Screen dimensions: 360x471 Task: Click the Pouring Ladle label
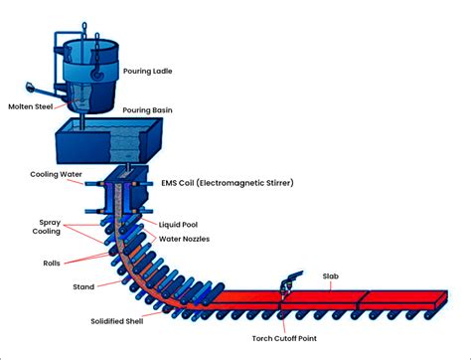point(147,72)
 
